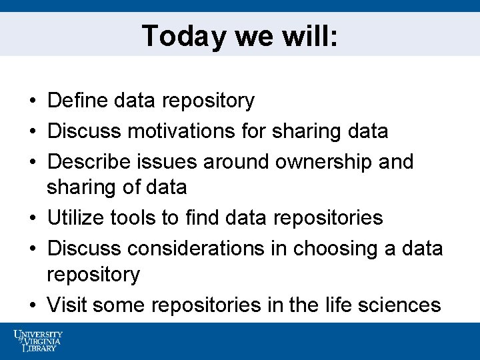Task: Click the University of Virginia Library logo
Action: tap(38, 341)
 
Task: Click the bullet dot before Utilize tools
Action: tap(33, 219)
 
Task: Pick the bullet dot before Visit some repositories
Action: tap(33, 306)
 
